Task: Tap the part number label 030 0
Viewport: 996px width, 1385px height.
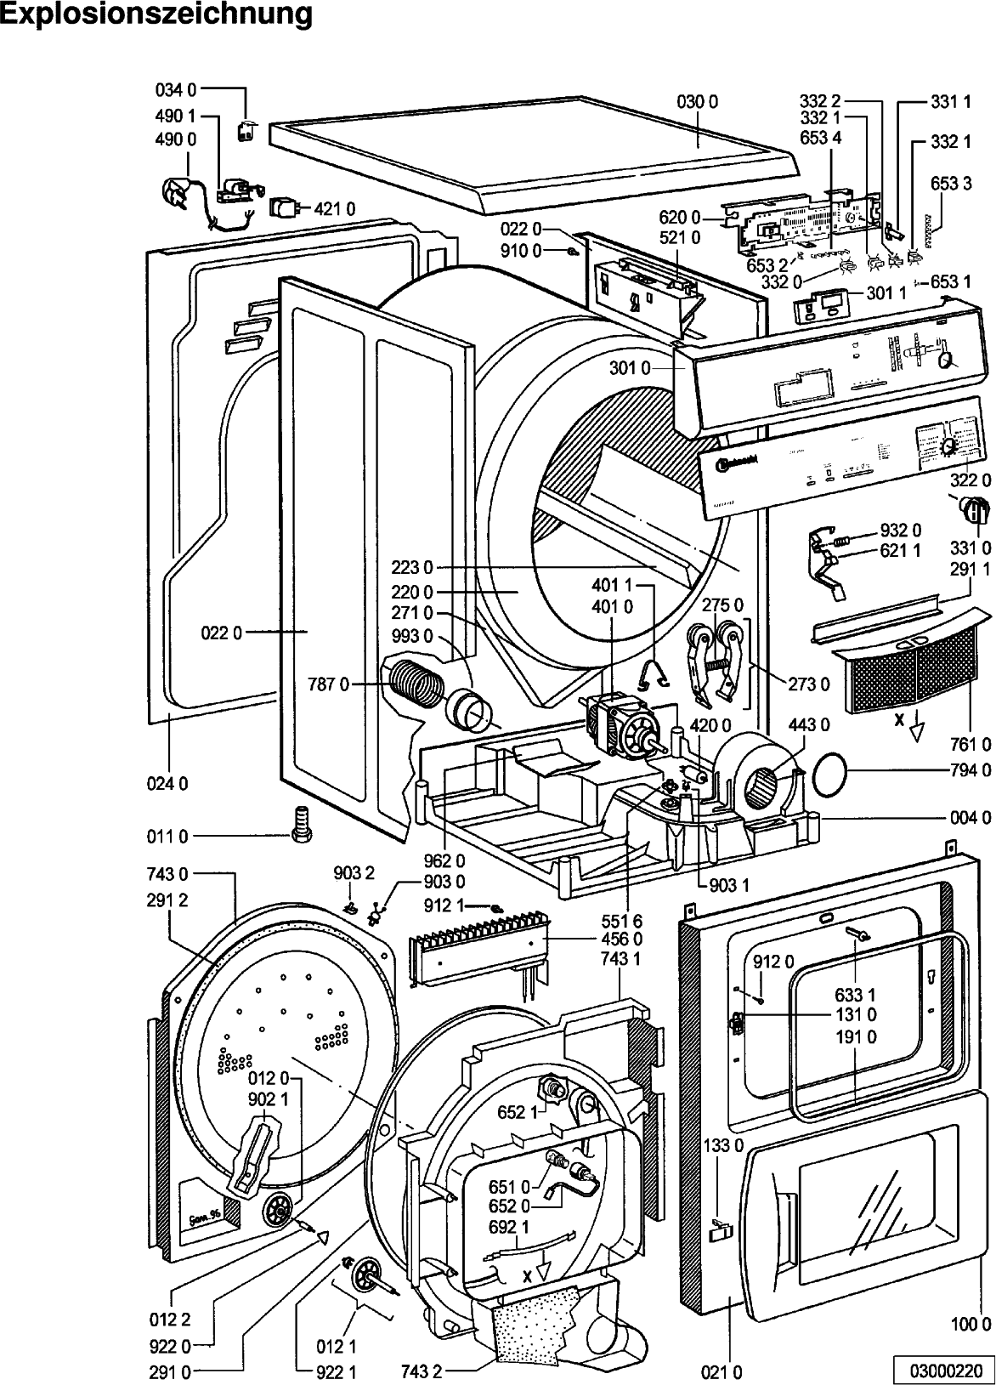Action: click(698, 102)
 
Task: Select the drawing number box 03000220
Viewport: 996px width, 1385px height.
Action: click(942, 1370)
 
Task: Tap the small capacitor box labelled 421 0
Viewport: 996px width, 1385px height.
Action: click(284, 207)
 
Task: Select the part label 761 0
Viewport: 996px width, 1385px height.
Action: click(971, 745)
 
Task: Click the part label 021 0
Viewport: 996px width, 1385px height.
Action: click(723, 1371)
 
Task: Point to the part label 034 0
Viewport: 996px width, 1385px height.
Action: click(176, 88)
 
